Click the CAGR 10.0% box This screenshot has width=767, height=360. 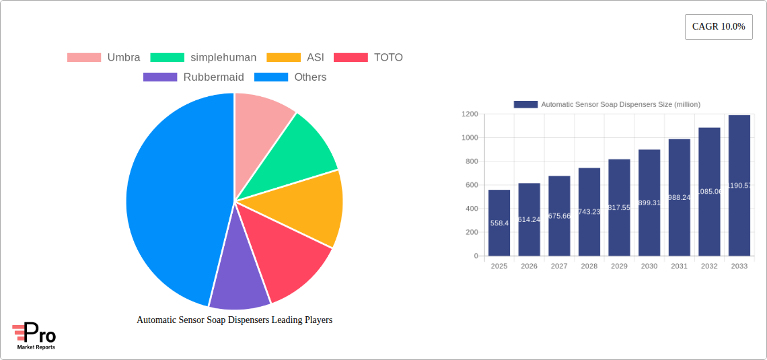[x=718, y=27]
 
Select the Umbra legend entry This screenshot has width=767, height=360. [x=104, y=57]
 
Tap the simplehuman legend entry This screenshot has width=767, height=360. [x=203, y=57]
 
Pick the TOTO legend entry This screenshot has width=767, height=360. [x=368, y=57]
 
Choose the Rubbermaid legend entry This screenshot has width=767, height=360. [x=194, y=77]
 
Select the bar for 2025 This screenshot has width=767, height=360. [x=499, y=223]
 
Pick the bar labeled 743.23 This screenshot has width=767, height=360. [x=589, y=211]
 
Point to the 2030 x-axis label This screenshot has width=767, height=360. [x=649, y=266]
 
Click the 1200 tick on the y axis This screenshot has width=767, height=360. [x=469, y=114]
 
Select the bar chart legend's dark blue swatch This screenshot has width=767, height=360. [x=525, y=104]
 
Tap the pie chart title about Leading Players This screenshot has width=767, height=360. [x=234, y=320]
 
